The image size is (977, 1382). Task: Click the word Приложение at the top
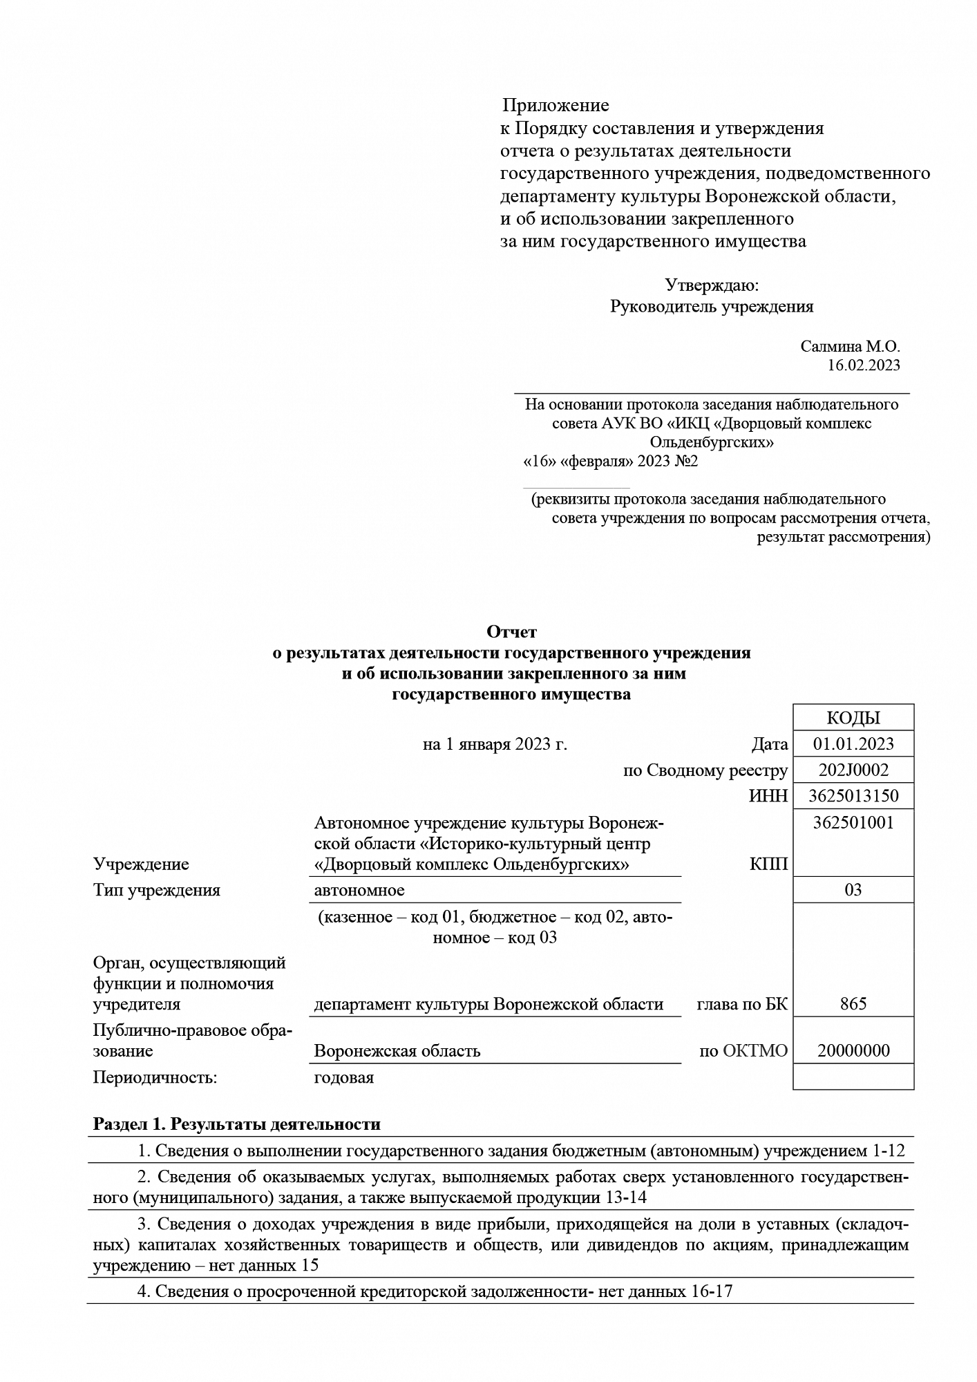pyautogui.click(x=555, y=105)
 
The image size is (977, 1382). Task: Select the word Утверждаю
pyautogui.click(x=712, y=285)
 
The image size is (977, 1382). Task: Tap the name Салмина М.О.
pyautogui.click(x=850, y=346)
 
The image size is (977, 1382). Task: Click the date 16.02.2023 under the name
pyautogui.click(x=864, y=365)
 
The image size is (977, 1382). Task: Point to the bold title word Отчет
pyautogui.click(x=511, y=632)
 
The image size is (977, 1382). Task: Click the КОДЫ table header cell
pyautogui.click(x=853, y=718)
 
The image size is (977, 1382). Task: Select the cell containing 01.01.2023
pyautogui.click(x=853, y=744)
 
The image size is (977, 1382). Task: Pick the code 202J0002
pyautogui.click(x=853, y=770)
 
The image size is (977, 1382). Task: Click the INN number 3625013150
pyautogui.click(x=853, y=796)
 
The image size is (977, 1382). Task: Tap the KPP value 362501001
pyautogui.click(x=853, y=822)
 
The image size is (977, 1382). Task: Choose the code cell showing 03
pyautogui.click(x=853, y=889)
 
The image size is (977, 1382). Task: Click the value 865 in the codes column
pyautogui.click(x=853, y=1003)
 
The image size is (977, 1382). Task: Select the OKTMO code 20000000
pyautogui.click(x=853, y=1051)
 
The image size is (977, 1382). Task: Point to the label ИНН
pyautogui.click(x=768, y=796)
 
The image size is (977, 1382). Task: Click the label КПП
pyautogui.click(x=768, y=864)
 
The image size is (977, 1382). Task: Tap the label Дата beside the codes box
pyautogui.click(x=770, y=744)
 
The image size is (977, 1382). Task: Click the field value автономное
pyautogui.click(x=359, y=890)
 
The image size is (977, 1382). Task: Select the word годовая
pyautogui.click(x=343, y=1077)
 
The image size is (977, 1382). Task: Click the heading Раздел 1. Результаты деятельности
pyautogui.click(x=237, y=1124)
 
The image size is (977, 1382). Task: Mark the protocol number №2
pyautogui.click(x=686, y=461)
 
